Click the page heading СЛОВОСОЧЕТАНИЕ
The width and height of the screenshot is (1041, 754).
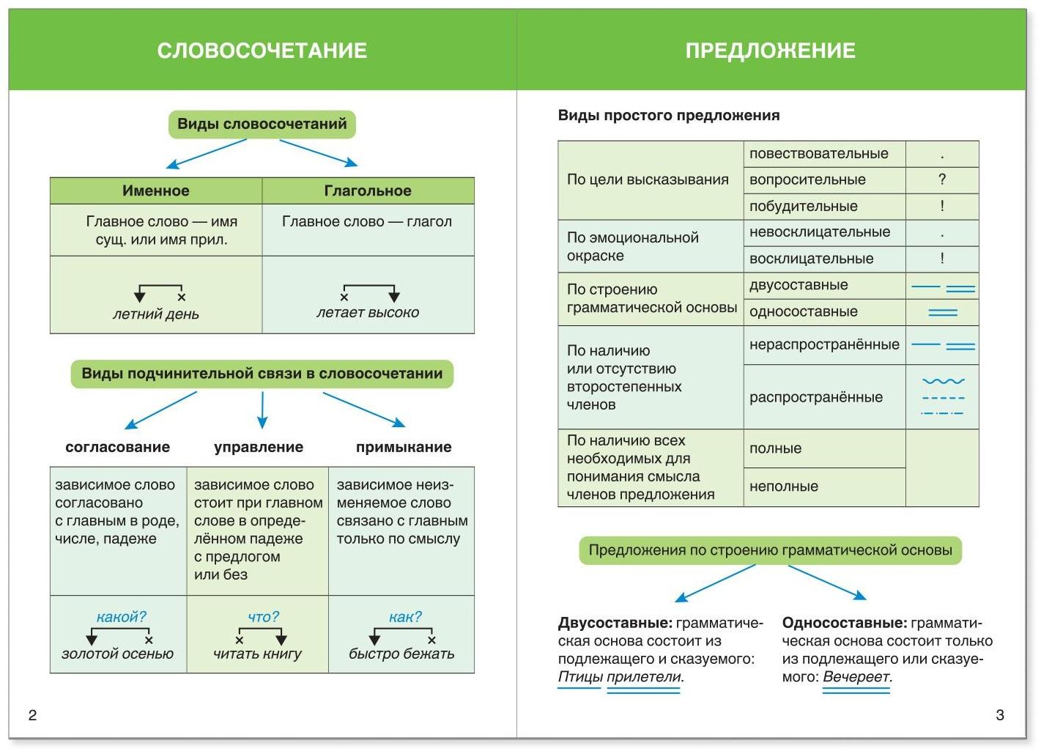[262, 51]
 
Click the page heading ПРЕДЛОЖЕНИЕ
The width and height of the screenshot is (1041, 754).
[770, 51]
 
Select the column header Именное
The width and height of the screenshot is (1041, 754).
[155, 191]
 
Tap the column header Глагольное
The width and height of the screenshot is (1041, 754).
[368, 191]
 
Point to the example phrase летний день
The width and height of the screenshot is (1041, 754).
[155, 314]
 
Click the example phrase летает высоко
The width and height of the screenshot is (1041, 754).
[368, 313]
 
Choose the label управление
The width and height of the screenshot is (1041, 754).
[259, 447]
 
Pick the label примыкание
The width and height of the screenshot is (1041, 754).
[404, 447]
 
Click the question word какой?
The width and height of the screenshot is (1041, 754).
[122, 617]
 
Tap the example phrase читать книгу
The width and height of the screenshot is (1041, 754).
[258, 654]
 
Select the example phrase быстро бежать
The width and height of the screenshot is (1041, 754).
[401, 654]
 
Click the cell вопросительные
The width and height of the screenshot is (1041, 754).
[807, 180]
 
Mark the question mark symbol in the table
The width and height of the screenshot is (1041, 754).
[942, 180]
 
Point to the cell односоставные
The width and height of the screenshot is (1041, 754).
[803, 311]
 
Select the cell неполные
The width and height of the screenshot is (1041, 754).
[784, 486]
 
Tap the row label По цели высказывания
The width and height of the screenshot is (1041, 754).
[648, 180]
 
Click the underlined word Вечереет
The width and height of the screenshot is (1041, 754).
[856, 676]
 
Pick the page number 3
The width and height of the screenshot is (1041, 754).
[1000, 715]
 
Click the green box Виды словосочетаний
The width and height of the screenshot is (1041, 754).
[262, 124]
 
